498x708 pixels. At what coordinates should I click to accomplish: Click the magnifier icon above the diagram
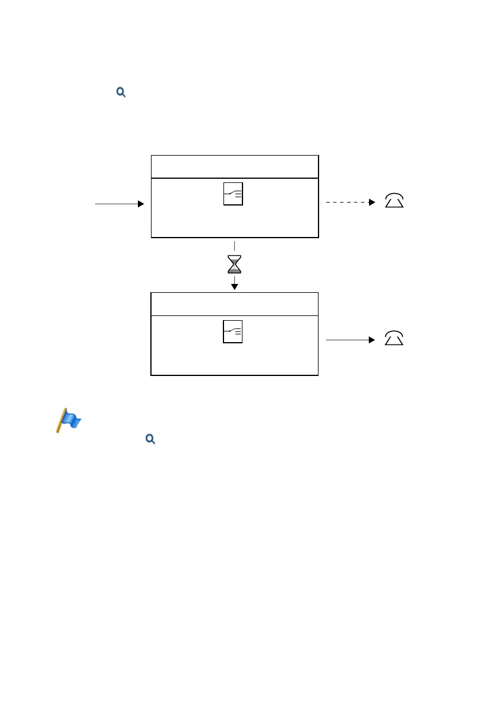click(121, 92)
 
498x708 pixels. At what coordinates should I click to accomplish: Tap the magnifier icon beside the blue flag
click(150, 439)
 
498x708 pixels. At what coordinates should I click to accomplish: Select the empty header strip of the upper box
click(235, 166)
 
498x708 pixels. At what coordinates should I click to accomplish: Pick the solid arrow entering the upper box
click(119, 204)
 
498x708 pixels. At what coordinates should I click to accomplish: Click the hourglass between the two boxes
click(235, 264)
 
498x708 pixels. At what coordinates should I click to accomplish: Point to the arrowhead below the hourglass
click(235, 286)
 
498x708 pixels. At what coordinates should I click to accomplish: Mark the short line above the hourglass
click(235, 245)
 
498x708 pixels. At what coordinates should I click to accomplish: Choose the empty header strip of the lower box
click(235, 304)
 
